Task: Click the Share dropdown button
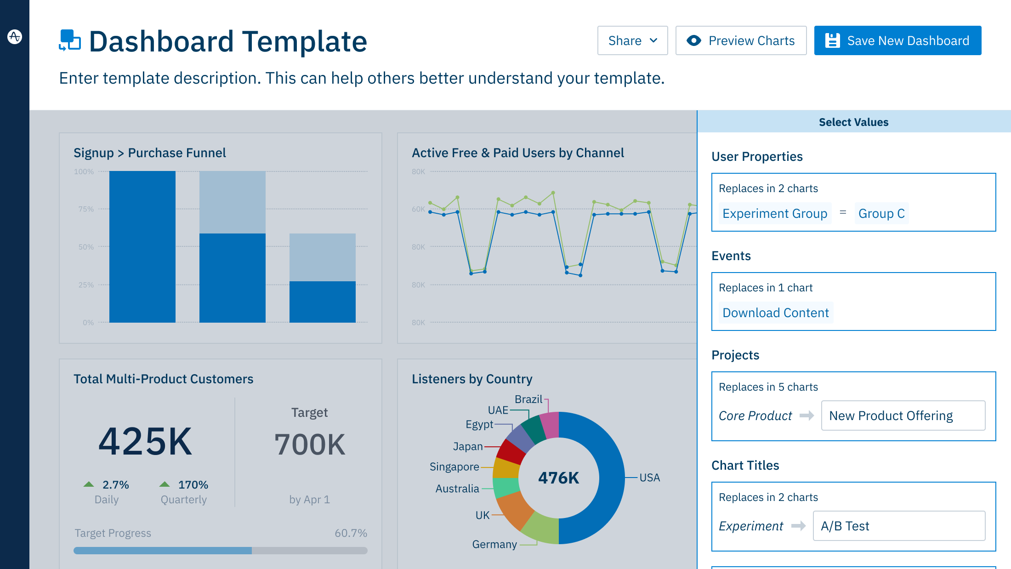coord(632,40)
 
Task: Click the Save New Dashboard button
coord(897,40)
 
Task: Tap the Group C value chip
coord(881,213)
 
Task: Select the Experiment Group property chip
coord(774,213)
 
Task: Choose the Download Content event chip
coord(775,313)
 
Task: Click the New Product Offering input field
coord(903,415)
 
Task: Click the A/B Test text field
coord(899,526)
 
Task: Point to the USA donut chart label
coord(649,478)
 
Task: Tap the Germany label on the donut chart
coord(494,544)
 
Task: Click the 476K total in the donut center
coord(558,478)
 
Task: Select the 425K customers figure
coord(145,441)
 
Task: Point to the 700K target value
coord(310,444)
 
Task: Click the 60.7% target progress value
coord(351,533)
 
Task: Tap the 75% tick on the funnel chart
coord(86,209)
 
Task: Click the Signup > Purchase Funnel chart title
coord(149,153)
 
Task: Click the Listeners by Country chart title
coord(472,379)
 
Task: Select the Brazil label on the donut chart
coord(528,399)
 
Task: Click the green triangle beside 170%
coord(165,484)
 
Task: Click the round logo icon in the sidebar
coord(15,36)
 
